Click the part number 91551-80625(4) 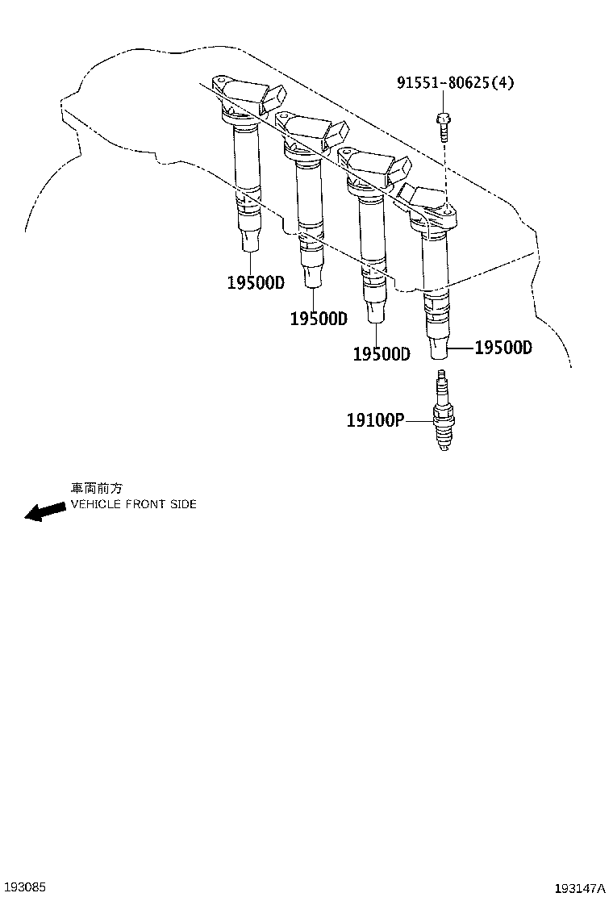455,82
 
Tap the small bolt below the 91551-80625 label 443,126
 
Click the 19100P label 375,420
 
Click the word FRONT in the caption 145,504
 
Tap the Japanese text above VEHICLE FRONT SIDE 97,488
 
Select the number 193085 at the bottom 24,887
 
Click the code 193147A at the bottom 579,888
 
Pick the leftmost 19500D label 256,283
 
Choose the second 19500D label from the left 319,319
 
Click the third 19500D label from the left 382,354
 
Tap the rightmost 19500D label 503,348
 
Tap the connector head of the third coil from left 373,170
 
